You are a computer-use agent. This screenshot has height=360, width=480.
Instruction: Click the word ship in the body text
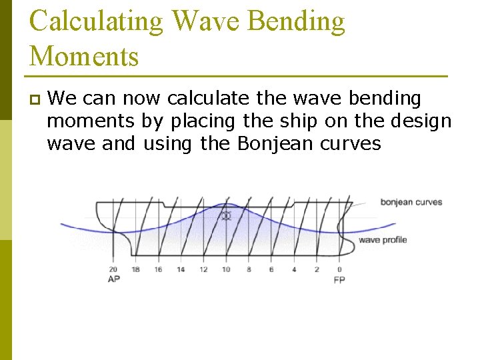311,121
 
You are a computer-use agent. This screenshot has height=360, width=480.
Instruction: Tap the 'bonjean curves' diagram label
411,202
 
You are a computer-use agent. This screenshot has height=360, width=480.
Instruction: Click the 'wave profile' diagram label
382,240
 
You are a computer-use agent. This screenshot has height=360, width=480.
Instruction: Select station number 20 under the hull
113,269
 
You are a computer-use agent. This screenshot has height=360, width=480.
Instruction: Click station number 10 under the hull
226,269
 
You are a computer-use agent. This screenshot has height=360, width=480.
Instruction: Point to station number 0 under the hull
339,269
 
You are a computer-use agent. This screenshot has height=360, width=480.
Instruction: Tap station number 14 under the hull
181,269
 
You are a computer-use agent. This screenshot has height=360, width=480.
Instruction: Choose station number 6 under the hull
271,269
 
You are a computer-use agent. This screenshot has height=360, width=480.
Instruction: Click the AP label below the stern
113,279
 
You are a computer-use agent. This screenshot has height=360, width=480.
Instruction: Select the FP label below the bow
339,279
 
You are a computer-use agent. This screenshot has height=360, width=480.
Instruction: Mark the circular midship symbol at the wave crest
226,216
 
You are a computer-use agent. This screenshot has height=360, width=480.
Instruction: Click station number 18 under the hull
135,269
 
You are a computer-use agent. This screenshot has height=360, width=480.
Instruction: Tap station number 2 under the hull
317,269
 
